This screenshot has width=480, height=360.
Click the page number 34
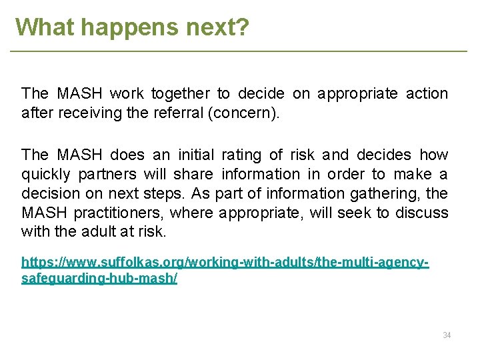pyautogui.click(x=447, y=335)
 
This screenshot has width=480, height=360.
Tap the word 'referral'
pyautogui.click(x=178, y=113)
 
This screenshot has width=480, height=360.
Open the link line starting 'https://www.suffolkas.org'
pyautogui.click(x=225, y=263)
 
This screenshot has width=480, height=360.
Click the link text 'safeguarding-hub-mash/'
pyautogui.click(x=99, y=277)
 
